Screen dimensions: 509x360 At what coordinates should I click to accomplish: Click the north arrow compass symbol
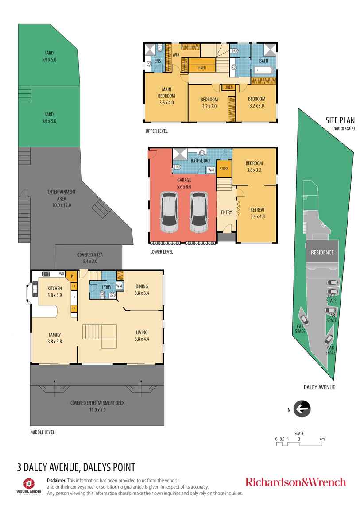click(x=302, y=409)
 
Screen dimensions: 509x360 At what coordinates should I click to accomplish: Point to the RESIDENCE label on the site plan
click(x=322, y=252)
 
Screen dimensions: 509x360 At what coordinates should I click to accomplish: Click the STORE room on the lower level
click(x=224, y=169)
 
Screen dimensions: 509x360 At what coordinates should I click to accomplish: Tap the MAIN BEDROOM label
click(x=166, y=96)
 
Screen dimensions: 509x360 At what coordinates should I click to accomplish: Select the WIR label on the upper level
click(x=175, y=55)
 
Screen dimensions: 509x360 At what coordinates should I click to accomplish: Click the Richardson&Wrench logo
click(x=295, y=482)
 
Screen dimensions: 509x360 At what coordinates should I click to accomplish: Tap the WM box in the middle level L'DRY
click(x=120, y=285)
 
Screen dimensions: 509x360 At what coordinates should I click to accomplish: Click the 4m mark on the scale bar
click(x=322, y=439)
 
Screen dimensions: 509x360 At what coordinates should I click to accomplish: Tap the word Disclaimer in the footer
click(x=57, y=480)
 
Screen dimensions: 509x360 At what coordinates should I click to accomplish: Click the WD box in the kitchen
click(x=61, y=274)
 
